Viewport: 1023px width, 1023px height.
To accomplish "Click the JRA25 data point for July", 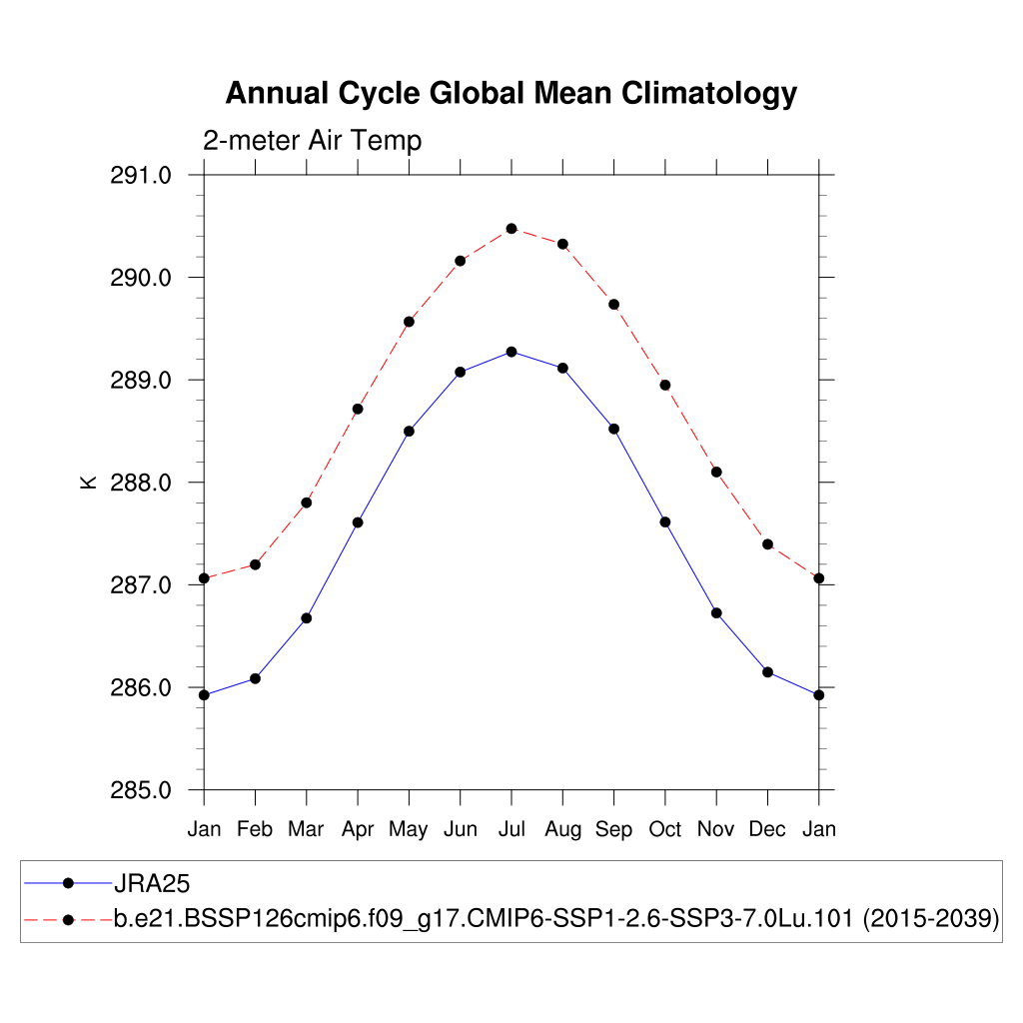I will tap(511, 352).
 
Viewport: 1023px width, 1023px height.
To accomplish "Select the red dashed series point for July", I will tap(511, 229).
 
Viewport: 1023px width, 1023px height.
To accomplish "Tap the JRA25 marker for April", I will tap(358, 522).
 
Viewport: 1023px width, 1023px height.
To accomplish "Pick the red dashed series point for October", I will tap(665, 385).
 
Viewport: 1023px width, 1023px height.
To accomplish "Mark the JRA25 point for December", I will tap(767, 672).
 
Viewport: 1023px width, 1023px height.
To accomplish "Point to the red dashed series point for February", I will tap(256, 564).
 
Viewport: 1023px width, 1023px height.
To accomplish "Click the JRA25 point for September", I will tap(614, 429).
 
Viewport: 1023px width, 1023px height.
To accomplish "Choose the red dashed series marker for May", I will tap(409, 322).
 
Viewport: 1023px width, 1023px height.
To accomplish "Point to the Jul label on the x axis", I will tap(511, 829).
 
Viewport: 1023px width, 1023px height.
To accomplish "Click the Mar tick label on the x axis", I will tap(307, 829).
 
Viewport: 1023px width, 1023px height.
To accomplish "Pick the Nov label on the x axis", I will tap(716, 829).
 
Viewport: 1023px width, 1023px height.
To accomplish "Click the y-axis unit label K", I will tap(88, 483).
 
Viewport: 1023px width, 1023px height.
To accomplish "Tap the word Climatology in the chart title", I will tap(709, 94).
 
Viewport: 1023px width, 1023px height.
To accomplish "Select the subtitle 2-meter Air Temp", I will tap(313, 141).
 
